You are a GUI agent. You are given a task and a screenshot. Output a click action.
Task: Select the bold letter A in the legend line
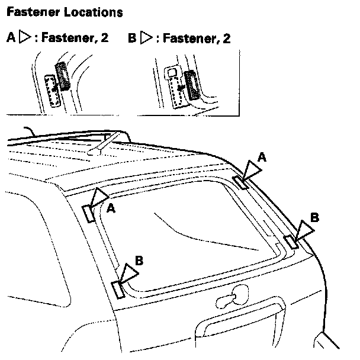coord(10,38)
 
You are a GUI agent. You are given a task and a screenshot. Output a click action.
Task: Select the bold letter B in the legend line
coord(132,38)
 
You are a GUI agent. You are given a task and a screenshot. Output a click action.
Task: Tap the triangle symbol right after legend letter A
coord(24,38)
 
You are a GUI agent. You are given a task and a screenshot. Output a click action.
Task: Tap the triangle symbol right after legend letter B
coord(146,38)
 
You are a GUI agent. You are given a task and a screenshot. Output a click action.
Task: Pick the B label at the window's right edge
coord(314,217)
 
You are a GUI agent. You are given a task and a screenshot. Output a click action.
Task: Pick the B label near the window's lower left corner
coord(139,260)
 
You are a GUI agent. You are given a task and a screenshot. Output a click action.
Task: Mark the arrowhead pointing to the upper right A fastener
coord(251,171)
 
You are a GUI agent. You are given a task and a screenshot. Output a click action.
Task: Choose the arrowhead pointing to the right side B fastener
coord(304,231)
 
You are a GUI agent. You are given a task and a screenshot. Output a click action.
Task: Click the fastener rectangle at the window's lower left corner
coord(117,289)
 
